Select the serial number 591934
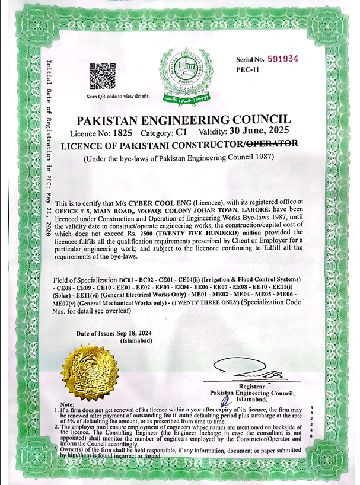(x=282, y=59)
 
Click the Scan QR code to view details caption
(x=119, y=96)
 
